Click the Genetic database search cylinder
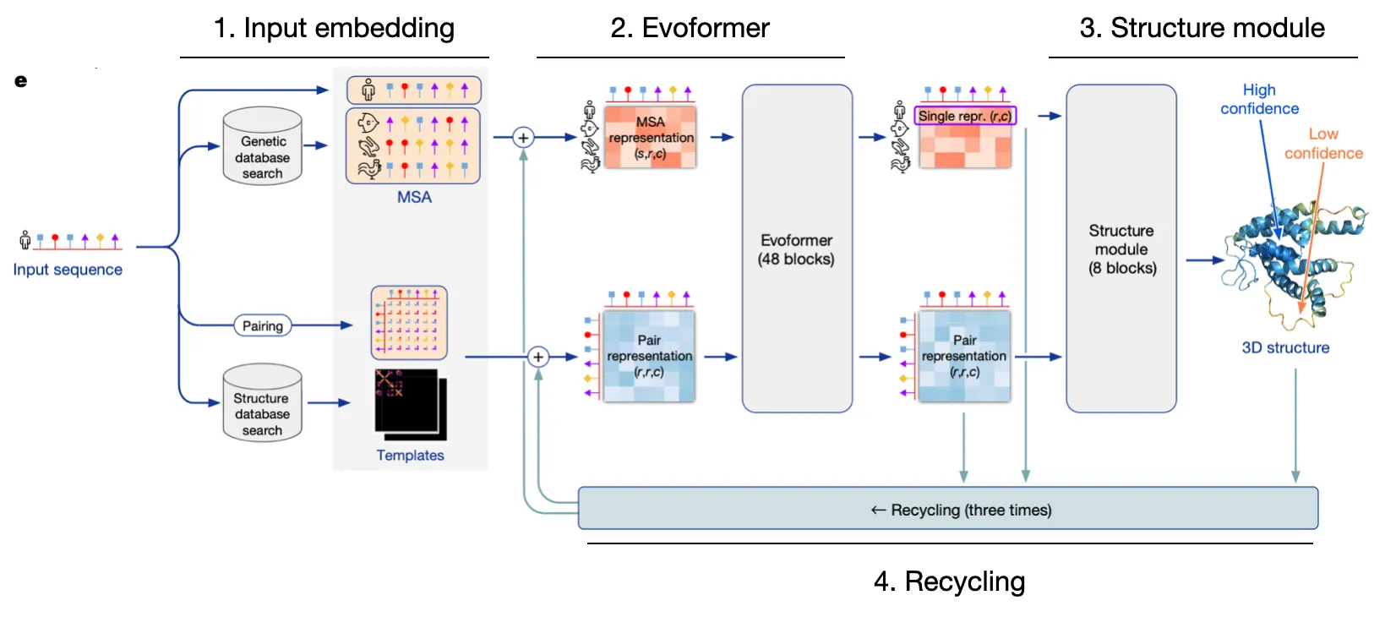(263, 147)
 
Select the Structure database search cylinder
(263, 404)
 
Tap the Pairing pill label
(263, 326)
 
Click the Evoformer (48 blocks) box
(797, 248)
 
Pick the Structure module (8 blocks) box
(1121, 248)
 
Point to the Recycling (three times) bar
(947, 509)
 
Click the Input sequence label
(68, 270)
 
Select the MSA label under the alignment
(414, 197)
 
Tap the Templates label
(410, 456)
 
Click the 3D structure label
(1285, 347)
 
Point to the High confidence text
(1259, 99)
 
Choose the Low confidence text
(1323, 144)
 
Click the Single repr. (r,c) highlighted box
(965, 116)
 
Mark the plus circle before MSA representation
(524, 137)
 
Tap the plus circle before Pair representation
(538, 357)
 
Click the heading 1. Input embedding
(334, 28)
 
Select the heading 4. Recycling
(949, 582)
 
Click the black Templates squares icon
(410, 405)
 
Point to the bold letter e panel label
(20, 81)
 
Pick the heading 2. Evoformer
(690, 28)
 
